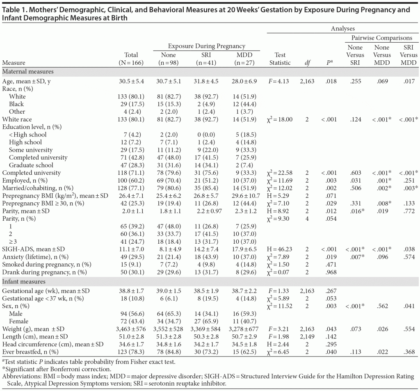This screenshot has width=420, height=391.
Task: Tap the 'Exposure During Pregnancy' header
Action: [206, 46]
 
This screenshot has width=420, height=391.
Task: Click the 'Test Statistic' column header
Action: [280, 59]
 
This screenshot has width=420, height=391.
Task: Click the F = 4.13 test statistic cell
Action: [280, 81]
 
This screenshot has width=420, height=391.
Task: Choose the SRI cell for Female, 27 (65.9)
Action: [206, 321]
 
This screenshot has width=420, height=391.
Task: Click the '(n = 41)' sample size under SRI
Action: [206, 63]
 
